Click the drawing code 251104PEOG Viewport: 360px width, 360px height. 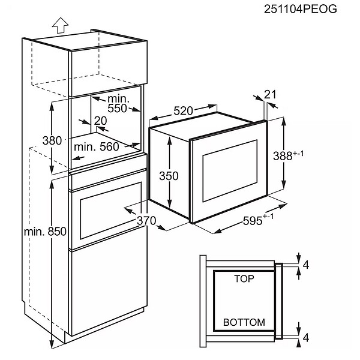[301, 9]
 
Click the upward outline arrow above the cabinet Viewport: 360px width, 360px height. [60, 25]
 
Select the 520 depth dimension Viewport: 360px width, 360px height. [183, 111]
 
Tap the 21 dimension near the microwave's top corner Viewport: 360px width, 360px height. [270, 94]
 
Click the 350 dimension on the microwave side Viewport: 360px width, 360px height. [169, 176]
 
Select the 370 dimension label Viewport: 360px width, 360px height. [146, 221]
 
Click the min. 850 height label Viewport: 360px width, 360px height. [45, 232]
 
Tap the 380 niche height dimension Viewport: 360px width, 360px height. [52, 140]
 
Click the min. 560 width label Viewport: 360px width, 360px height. [97, 147]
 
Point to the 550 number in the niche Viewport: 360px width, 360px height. [117, 109]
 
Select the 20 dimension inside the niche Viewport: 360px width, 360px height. [100, 121]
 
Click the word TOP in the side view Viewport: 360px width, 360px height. [244, 279]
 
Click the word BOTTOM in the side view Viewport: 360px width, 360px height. [244, 322]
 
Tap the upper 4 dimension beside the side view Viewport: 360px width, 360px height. [306, 265]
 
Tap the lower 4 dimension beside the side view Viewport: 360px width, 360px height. [306, 338]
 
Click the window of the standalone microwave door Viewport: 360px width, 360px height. [230, 170]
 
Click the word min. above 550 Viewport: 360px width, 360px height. [118, 99]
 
